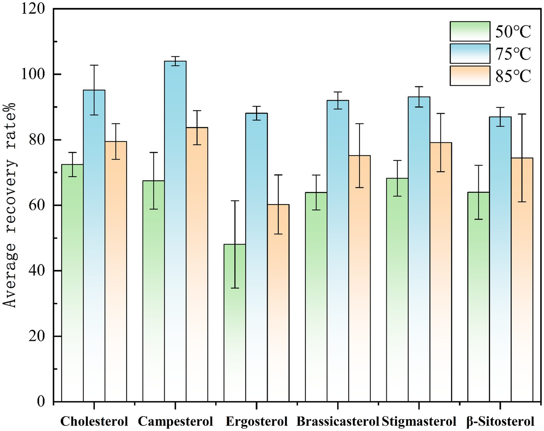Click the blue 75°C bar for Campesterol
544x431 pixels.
[x=175, y=230]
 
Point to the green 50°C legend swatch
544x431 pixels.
[x=470, y=31]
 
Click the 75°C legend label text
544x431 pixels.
[x=513, y=54]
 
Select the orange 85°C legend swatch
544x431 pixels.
[x=470, y=76]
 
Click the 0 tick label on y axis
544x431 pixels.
[x=41, y=401]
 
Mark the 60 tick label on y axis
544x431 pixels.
[x=36, y=205]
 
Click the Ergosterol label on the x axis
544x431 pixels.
[x=256, y=421]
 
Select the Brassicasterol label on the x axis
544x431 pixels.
[x=338, y=421]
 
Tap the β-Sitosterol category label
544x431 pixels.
[x=500, y=421]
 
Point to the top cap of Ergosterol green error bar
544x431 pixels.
[x=235, y=201]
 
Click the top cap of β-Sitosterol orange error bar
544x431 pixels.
[x=522, y=114]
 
